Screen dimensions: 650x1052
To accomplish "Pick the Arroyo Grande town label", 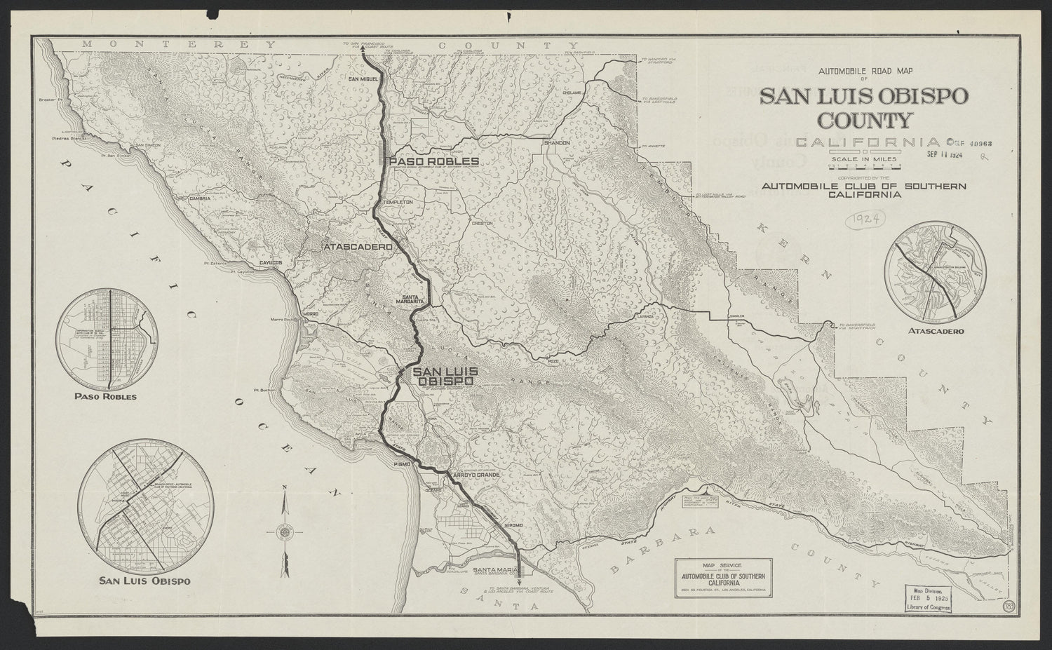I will [x=477, y=475].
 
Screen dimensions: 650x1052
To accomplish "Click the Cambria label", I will [x=201, y=198].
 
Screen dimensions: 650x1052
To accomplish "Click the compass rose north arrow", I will [x=285, y=531].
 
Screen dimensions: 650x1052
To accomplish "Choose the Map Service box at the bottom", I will [x=723, y=578].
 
